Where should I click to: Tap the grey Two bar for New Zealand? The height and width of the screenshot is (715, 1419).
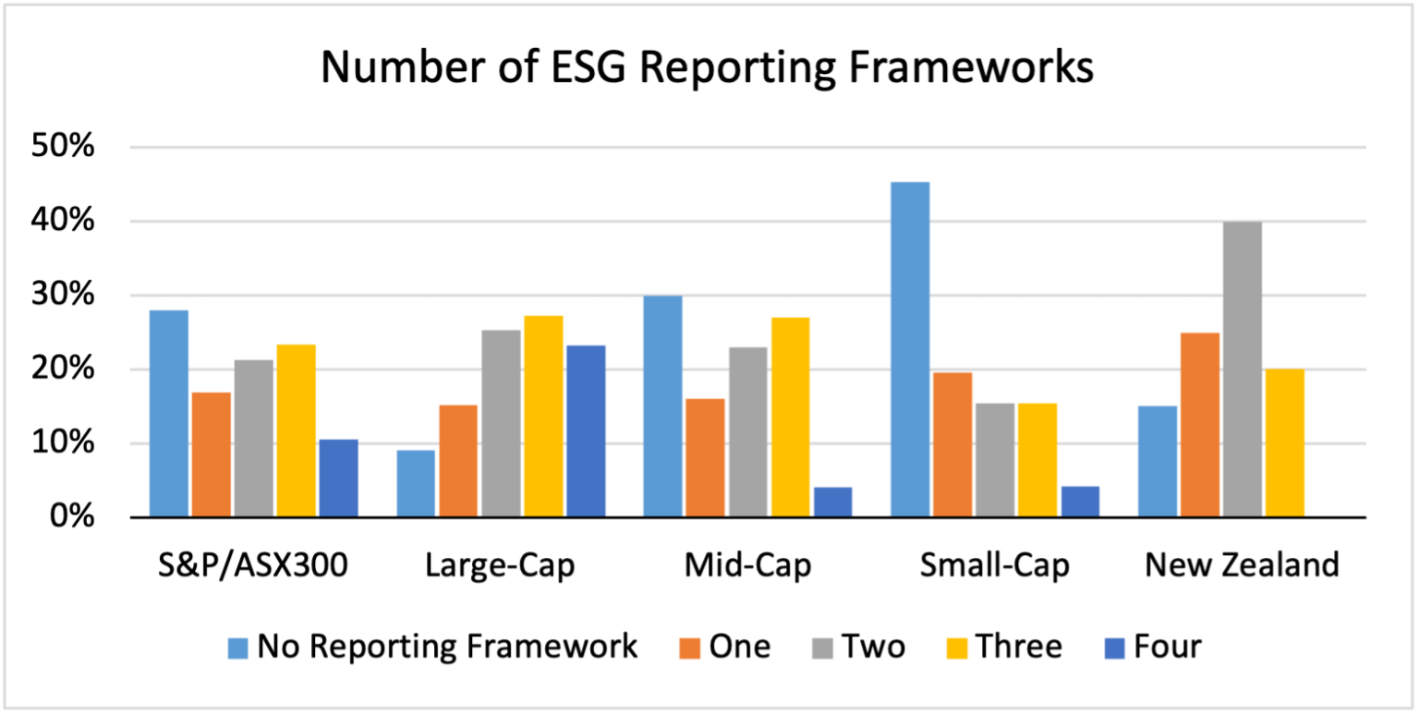click(x=1242, y=370)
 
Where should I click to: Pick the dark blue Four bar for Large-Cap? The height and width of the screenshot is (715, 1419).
click(x=586, y=430)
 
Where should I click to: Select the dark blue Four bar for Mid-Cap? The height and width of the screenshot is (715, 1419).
click(x=832, y=502)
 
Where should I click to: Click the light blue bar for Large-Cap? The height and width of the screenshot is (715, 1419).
click(x=416, y=483)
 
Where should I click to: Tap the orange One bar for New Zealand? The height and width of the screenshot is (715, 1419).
click(x=1199, y=425)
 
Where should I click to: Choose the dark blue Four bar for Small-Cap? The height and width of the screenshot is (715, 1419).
click(x=1080, y=501)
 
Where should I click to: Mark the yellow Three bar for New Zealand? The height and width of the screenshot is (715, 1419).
click(x=1284, y=442)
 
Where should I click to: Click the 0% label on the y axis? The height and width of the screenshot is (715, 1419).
click(x=72, y=517)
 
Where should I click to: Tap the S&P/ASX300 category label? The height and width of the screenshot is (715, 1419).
click(x=252, y=565)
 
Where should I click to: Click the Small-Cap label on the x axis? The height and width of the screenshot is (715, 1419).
click(x=994, y=565)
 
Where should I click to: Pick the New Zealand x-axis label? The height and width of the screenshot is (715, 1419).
click(x=1242, y=565)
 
